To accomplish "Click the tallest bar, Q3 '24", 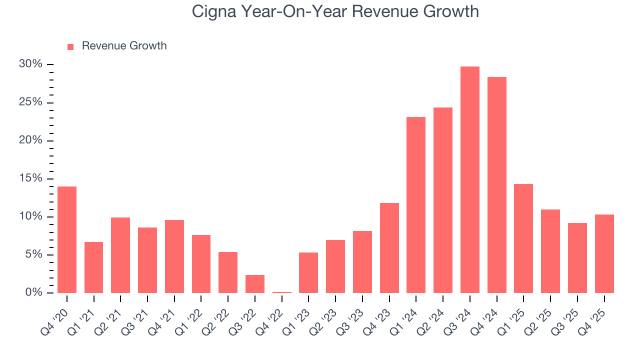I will point(469,180).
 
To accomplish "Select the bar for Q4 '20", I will point(67,240).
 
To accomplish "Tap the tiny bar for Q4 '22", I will point(282,292).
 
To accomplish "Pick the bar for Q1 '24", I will point(416,205).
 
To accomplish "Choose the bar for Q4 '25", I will point(604,254).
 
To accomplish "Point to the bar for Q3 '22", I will point(255,284).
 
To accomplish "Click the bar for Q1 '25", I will point(523,238).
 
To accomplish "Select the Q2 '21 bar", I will point(120,255).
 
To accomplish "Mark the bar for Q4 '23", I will point(389,248).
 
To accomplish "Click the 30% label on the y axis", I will point(30,64).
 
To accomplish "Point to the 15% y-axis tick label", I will point(30,178).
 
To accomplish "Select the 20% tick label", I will point(30,140).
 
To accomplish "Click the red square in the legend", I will point(70,46).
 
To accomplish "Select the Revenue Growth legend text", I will point(124,46).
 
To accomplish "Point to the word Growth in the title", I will point(452,11).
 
